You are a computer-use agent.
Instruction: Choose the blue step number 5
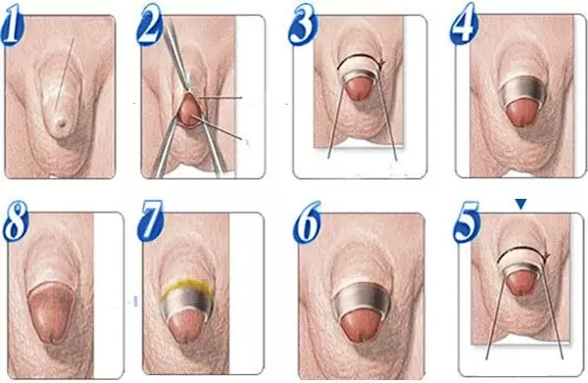click(466, 221)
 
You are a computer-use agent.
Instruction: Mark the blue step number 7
click(150, 221)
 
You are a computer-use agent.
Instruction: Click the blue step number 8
click(16, 221)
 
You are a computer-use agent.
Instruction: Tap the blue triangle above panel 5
click(521, 204)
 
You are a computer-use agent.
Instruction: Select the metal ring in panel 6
click(361, 299)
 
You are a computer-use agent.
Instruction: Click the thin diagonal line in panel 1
click(65, 73)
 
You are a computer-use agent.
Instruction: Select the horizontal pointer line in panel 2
click(220, 98)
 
